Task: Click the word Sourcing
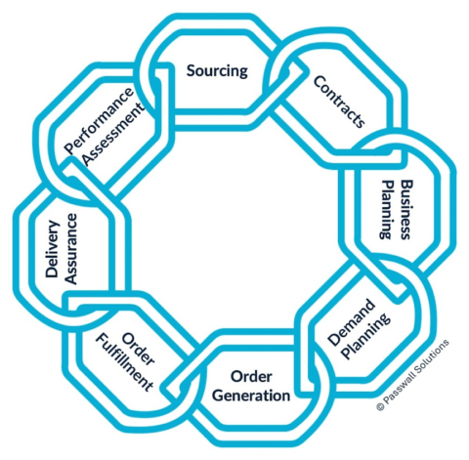click(217, 70)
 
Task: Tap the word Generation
click(248, 396)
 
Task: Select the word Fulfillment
click(125, 360)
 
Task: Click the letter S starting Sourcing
click(191, 70)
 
